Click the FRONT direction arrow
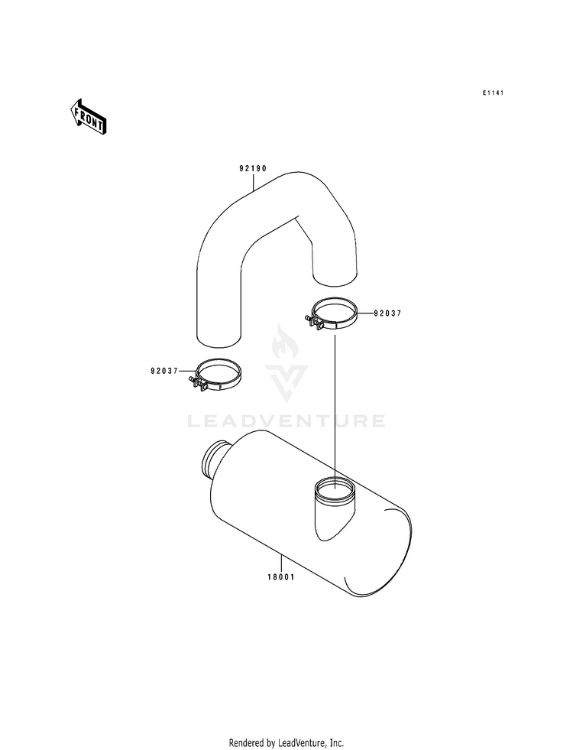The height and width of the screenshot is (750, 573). pos(88,116)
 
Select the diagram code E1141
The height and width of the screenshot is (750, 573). pos(493,93)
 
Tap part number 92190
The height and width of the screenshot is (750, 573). pos(253,168)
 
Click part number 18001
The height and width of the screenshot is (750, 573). pos(281,577)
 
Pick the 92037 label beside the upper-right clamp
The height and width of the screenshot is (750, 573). pos(387,313)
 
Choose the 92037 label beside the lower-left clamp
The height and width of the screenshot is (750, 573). pos(164,371)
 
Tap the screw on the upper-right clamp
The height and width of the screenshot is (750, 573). pos(313,321)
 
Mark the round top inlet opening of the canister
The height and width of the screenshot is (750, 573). pos(335,488)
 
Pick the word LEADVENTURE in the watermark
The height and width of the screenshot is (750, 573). pos(286,421)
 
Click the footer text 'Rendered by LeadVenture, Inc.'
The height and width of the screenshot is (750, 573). pos(286,743)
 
